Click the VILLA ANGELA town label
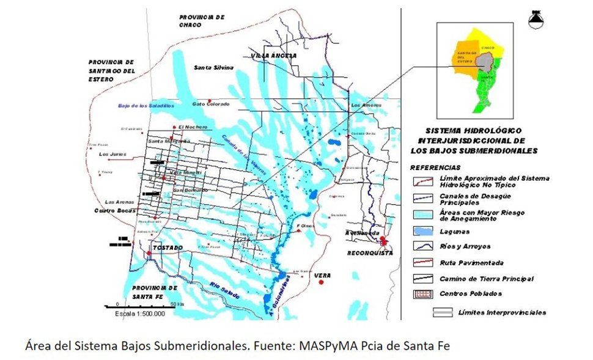[273, 56]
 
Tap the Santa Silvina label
[213, 68]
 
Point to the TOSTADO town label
[168, 248]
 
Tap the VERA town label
[322, 276]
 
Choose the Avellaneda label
[362, 240]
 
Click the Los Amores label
[365, 105]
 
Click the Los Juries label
[115, 154]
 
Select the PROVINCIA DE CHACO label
[201, 21]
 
